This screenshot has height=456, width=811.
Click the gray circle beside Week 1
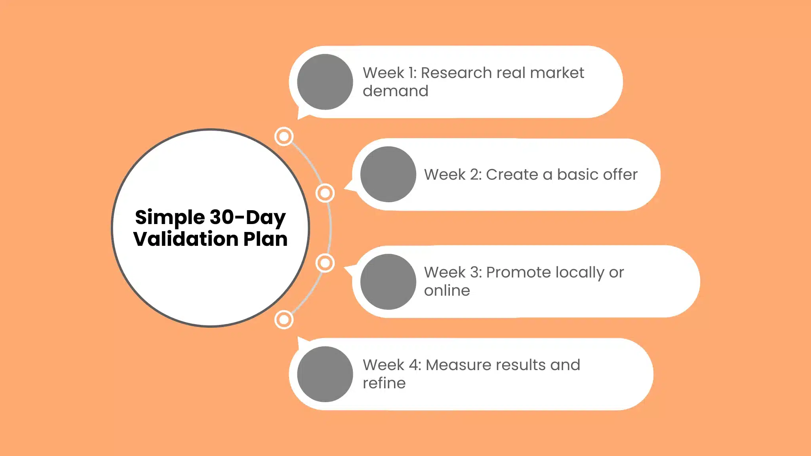point(325,82)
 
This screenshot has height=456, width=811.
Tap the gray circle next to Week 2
point(388,174)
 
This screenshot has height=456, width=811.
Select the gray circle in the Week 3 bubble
point(388,281)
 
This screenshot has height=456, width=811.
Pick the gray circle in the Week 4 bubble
point(325,374)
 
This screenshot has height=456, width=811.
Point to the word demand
point(395,91)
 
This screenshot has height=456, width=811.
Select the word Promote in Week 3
point(518,273)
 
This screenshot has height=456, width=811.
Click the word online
point(447,291)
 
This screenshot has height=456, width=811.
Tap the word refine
point(384,383)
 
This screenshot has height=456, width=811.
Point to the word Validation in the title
point(185,239)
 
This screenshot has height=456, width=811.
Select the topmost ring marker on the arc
point(284,137)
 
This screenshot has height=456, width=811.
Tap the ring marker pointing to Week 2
point(325,193)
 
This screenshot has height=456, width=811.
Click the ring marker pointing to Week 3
point(325,263)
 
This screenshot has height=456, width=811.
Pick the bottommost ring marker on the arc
point(284,319)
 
